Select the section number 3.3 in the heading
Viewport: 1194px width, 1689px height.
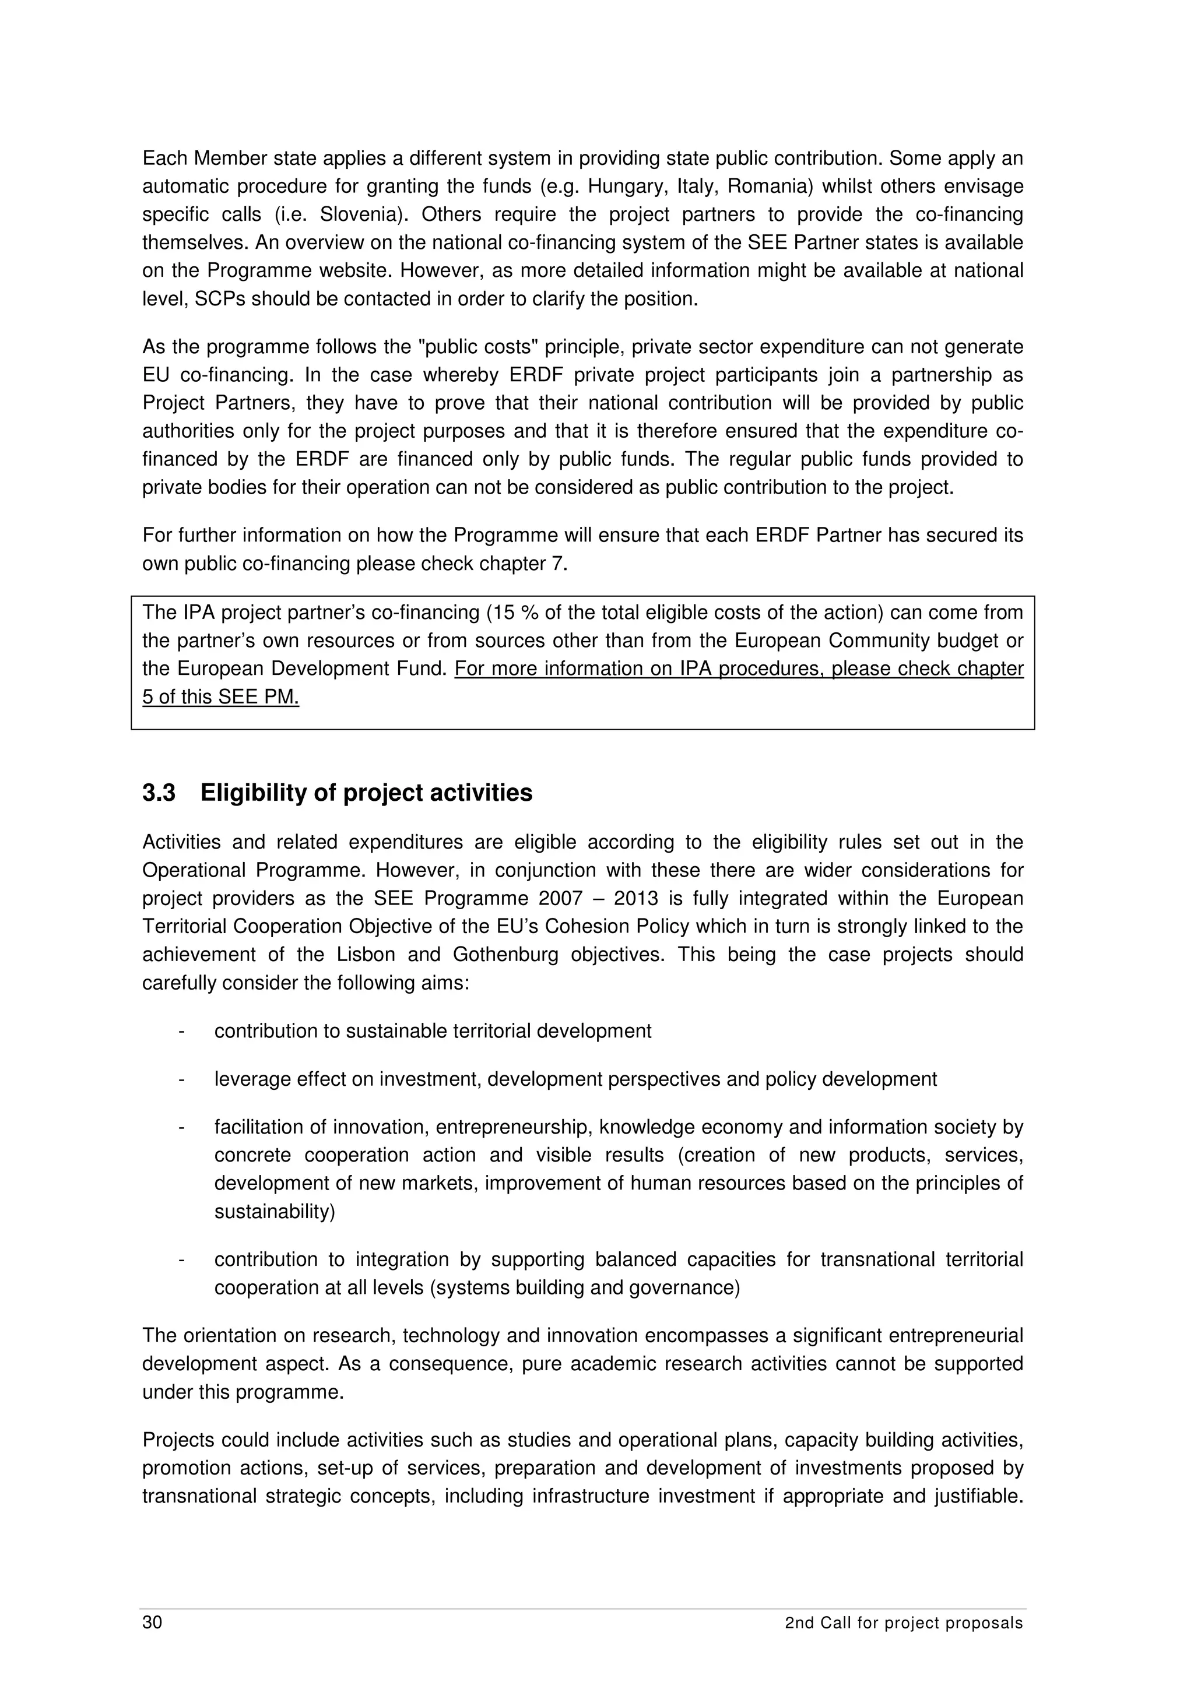click(x=159, y=793)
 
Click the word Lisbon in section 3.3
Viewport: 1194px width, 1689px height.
click(x=366, y=955)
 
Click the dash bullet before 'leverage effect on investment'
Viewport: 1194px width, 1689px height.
click(x=180, y=1080)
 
